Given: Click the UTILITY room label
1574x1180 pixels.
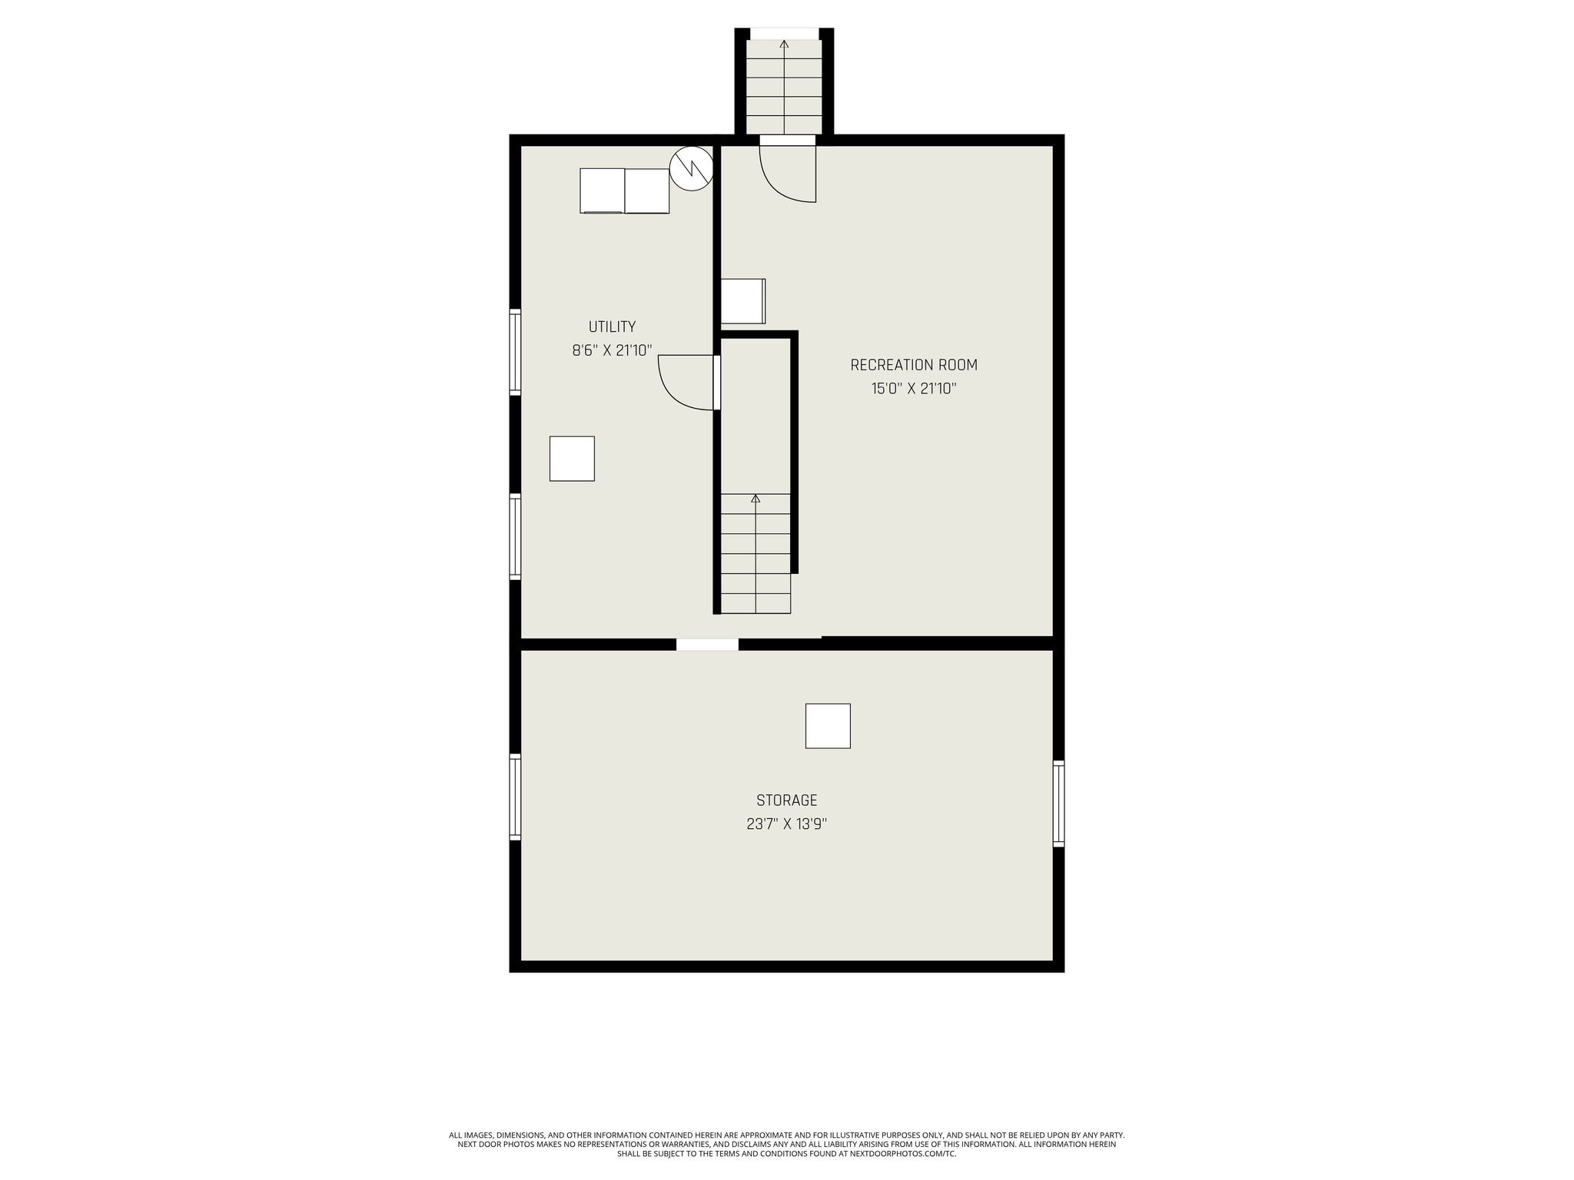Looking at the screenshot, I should click(x=612, y=326).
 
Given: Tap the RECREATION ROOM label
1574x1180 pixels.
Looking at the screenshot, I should click(x=913, y=365).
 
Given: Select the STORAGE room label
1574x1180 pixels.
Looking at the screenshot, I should click(x=786, y=800).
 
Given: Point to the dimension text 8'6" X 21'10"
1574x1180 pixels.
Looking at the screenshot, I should click(x=612, y=351).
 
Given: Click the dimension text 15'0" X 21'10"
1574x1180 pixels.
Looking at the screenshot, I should click(x=913, y=389).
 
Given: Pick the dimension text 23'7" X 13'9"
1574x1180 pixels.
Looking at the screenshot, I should click(x=786, y=824).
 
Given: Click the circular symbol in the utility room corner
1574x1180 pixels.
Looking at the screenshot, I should click(x=691, y=168).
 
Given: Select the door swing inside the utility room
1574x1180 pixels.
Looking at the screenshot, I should click(x=687, y=382).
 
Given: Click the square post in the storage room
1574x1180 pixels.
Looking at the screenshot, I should click(x=828, y=726).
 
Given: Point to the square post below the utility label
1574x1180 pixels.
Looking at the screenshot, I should click(x=572, y=459).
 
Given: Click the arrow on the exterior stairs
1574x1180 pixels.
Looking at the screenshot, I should click(x=784, y=45).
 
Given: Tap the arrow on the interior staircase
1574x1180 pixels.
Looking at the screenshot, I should click(x=755, y=499).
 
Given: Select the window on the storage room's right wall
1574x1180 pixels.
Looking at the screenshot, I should click(x=1058, y=804).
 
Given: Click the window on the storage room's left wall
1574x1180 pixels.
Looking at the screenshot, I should click(x=515, y=797).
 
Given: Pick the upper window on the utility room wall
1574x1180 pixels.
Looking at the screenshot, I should click(x=515, y=352).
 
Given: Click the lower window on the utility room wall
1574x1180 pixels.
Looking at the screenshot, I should click(x=515, y=536).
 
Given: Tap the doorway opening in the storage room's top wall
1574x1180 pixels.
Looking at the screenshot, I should click(x=707, y=645).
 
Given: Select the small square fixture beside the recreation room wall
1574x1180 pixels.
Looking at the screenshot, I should click(x=742, y=301).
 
